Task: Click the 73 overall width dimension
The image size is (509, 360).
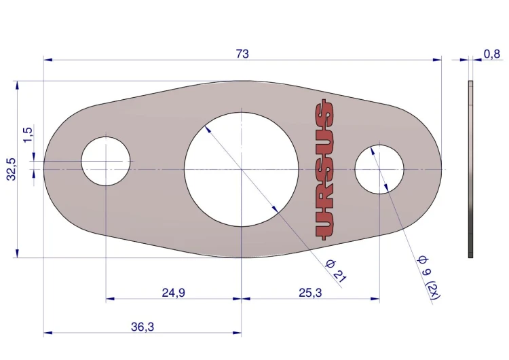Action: (x=242, y=54)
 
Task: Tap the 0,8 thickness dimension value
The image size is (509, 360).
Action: (x=492, y=54)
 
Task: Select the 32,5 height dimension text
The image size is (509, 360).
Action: (x=12, y=169)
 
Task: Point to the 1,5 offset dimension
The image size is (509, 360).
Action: (x=29, y=134)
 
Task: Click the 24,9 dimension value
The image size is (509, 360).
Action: (x=174, y=293)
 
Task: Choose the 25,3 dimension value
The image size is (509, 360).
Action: (x=310, y=293)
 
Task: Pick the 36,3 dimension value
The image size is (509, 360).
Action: (x=143, y=327)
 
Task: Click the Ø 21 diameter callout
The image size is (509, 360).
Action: (x=337, y=271)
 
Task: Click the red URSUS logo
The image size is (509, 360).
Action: (x=324, y=170)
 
